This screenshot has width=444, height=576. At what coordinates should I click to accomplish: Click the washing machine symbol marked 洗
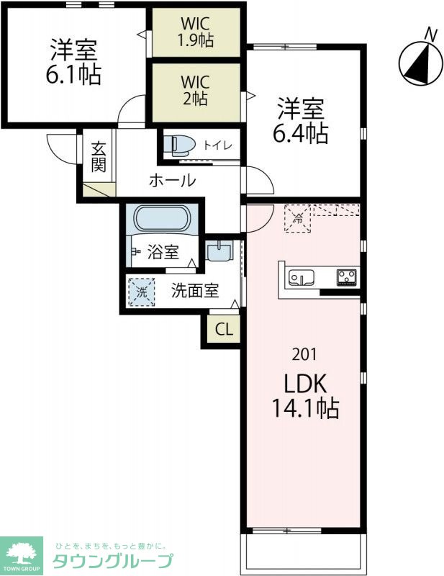pyautogui.click(x=142, y=292)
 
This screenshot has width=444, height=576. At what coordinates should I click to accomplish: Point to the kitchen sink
pyautogui.click(x=300, y=277)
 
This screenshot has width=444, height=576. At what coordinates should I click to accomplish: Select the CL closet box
pyautogui.click(x=224, y=330)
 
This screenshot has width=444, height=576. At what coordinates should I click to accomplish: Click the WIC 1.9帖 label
pyautogui.click(x=196, y=32)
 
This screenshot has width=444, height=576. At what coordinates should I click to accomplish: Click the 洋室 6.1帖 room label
pyautogui.click(x=74, y=63)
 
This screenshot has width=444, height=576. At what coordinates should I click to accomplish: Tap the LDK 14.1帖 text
pyautogui.click(x=305, y=395)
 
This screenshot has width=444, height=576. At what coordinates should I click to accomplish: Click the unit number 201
pyautogui.click(x=303, y=354)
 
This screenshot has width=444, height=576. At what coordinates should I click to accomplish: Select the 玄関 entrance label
pyautogui.click(x=99, y=158)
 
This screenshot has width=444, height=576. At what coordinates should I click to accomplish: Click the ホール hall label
pyautogui.click(x=172, y=181)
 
